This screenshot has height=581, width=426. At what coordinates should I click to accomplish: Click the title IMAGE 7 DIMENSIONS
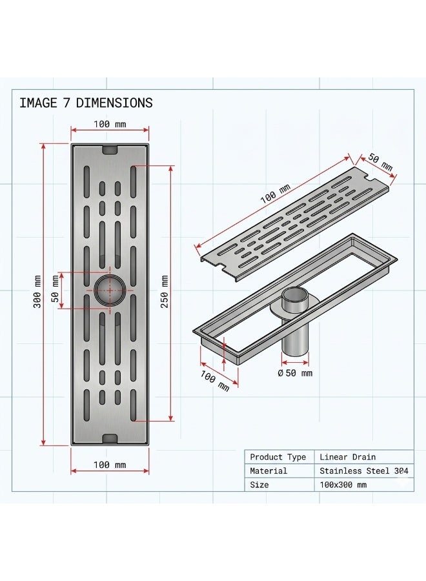click(86, 103)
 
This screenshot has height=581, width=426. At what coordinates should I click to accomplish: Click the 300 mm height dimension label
click(37, 292)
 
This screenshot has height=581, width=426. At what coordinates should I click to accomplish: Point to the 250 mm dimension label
click(165, 292)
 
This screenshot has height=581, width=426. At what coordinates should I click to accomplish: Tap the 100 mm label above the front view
click(110, 124)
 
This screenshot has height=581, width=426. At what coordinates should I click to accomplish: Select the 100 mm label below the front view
click(110, 465)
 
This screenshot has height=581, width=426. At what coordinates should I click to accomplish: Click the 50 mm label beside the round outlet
click(56, 290)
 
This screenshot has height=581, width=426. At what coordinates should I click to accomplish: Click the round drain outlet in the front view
click(110, 290)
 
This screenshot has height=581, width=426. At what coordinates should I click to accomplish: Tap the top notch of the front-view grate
click(110, 150)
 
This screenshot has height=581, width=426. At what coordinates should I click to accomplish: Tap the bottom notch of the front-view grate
click(110, 438)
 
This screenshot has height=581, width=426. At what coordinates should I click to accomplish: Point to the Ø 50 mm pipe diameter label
click(295, 372)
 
